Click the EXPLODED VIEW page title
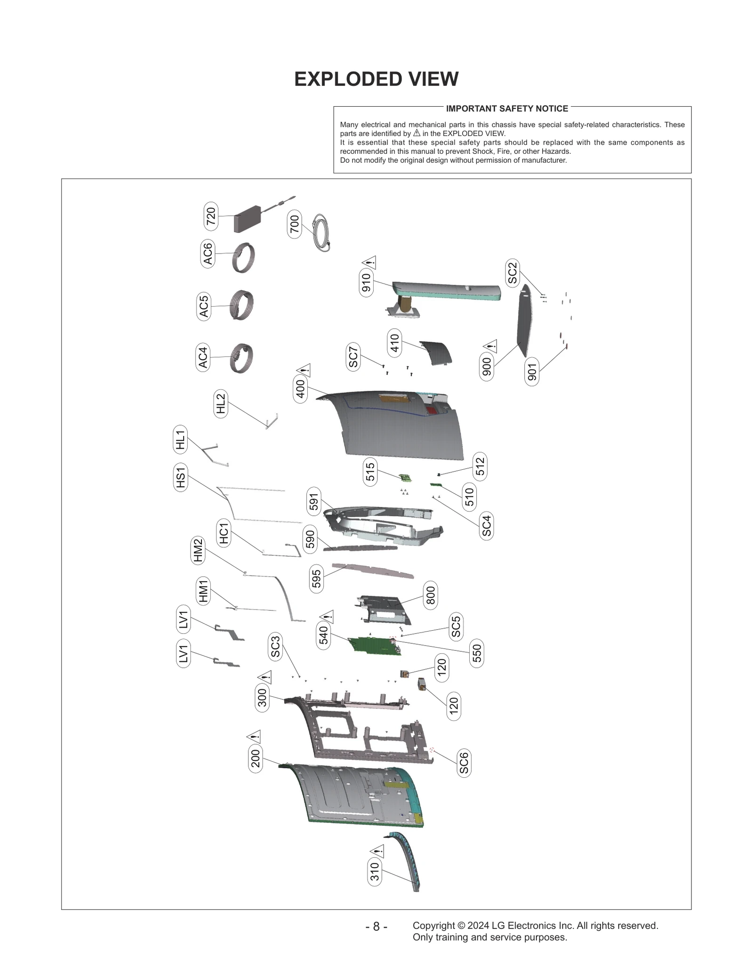pyautogui.click(x=376, y=79)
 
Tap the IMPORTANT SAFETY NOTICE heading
pyautogui.click(x=507, y=109)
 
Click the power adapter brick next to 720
pyautogui.click(x=247, y=219)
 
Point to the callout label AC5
pyautogui.click(x=203, y=306)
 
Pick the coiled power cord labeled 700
pyautogui.click(x=322, y=232)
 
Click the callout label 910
pyautogui.click(x=366, y=282)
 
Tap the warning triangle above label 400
pyautogui.click(x=304, y=370)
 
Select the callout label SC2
pyautogui.click(x=513, y=273)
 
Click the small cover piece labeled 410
pyautogui.click(x=437, y=353)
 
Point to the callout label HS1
pyautogui.click(x=181, y=477)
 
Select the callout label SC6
pyautogui.click(x=464, y=762)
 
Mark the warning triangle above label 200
pyautogui.click(x=254, y=736)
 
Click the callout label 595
pyautogui.click(x=316, y=578)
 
